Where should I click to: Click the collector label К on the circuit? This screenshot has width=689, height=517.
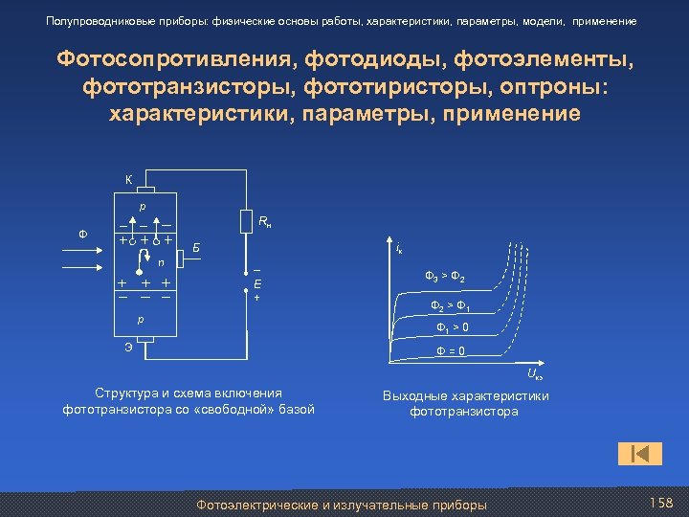pyautogui.click(x=128, y=179)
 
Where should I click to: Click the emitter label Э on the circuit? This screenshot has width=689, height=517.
pyautogui.click(x=128, y=347)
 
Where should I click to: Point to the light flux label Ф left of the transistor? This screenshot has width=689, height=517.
pyautogui.click(x=81, y=233)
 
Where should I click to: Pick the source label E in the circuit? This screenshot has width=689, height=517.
pyautogui.click(x=257, y=284)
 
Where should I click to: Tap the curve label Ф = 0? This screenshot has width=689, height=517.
pyautogui.click(x=451, y=350)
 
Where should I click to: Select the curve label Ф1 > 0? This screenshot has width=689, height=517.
pyautogui.click(x=452, y=328)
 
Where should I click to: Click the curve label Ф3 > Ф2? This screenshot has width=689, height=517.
pyautogui.click(x=445, y=278)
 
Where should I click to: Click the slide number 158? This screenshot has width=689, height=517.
pyautogui.click(x=661, y=504)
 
